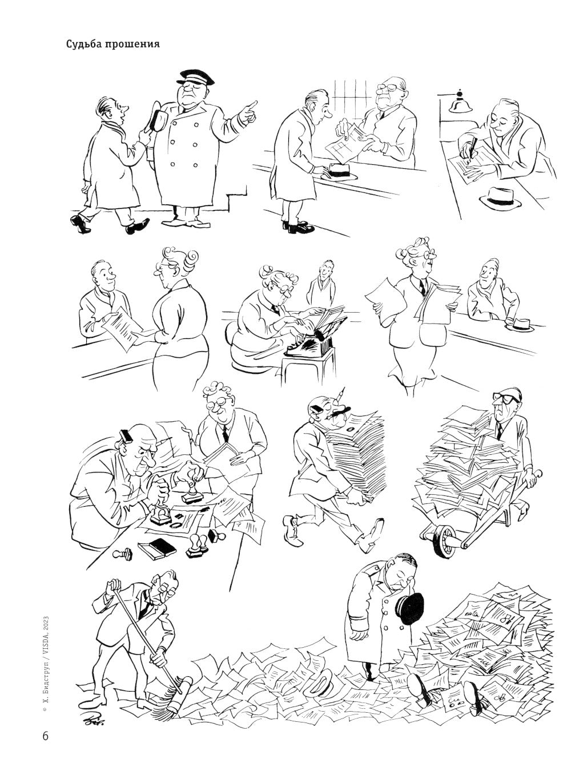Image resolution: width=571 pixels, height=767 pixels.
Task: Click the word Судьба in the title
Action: point(83,45)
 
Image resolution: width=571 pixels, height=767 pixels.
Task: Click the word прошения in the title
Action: point(132,45)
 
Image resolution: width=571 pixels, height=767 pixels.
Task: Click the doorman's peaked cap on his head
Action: point(195,77)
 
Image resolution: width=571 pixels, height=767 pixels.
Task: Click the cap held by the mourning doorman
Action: point(412,608)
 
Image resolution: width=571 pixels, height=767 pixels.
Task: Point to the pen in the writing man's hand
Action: point(471,149)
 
